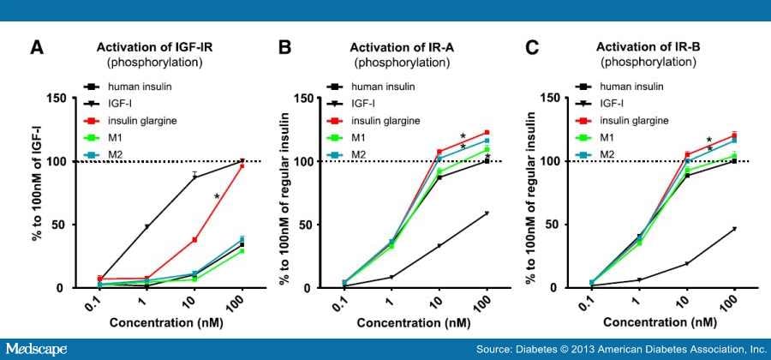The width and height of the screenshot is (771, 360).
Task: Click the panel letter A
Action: pyautogui.click(x=38, y=48)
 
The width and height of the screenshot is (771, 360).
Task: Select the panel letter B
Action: pyautogui.click(x=285, y=48)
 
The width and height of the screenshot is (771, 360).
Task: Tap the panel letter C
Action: pyautogui.click(x=534, y=48)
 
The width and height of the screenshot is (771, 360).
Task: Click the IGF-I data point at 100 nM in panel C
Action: pyautogui.click(x=734, y=229)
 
